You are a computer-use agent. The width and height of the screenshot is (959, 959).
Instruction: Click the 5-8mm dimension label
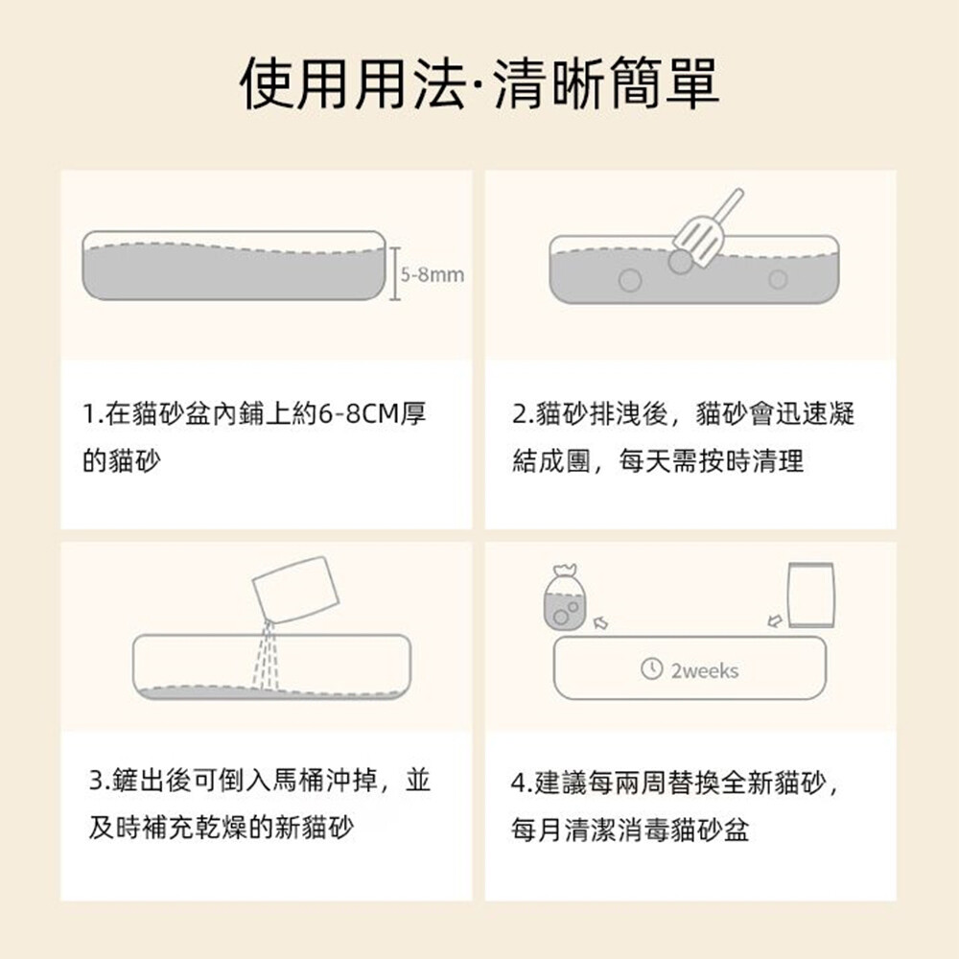(433, 274)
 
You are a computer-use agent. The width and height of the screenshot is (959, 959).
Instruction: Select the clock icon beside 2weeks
(651, 667)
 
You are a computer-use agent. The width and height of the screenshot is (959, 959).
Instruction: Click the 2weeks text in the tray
(705, 671)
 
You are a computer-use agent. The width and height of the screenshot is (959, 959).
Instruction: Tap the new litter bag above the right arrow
(811, 596)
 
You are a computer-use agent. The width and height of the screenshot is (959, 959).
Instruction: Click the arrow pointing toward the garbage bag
(600, 622)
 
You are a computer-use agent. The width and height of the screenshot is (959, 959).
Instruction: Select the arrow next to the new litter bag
(775, 621)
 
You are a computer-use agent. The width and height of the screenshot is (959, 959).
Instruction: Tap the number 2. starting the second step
(524, 414)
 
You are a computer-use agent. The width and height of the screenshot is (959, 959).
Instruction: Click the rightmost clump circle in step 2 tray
(778, 279)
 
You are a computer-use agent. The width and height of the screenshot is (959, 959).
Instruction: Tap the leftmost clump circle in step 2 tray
(630, 280)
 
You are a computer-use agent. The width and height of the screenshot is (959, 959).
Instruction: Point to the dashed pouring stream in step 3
(266, 657)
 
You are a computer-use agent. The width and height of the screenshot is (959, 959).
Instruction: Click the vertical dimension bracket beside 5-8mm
(395, 274)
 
